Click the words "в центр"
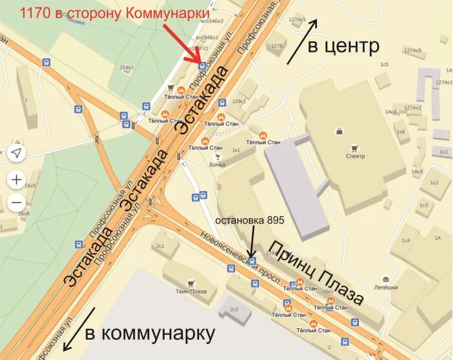pyautogui.click(x=343, y=46)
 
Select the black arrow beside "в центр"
pyautogui.click(x=303, y=40)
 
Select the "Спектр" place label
pyautogui.click(x=355, y=156)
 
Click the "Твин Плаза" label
pyautogui.click(x=191, y=291)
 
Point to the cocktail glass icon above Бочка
pyautogui.click(x=218, y=156)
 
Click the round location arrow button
pyautogui.click(x=17, y=153)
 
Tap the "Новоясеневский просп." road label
pyautogui.click(x=240, y=257)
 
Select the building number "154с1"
pyautogui.click(x=126, y=67)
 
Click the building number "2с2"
pyautogui.click(x=234, y=309)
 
